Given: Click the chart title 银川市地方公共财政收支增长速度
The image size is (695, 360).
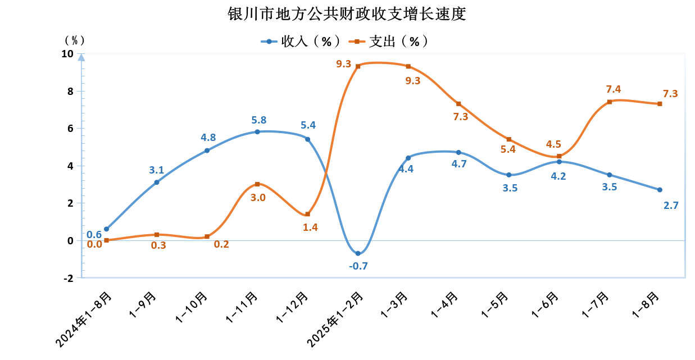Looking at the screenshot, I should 347,13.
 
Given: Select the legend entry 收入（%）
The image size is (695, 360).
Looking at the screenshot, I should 300,41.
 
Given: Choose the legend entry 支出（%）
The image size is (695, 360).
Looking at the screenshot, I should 388,41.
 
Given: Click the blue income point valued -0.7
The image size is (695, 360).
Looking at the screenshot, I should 358,253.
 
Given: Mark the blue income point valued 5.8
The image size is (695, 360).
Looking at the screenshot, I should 257,132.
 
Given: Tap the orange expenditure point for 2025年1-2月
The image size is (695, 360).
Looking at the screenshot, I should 358,66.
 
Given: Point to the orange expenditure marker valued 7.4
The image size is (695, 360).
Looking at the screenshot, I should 610,102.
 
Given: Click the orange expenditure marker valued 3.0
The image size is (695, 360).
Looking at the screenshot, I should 257,184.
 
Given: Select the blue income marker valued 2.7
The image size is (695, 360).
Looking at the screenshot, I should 660,190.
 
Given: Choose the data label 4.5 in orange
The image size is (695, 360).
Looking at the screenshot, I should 553,144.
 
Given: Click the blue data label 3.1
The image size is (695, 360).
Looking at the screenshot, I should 157,170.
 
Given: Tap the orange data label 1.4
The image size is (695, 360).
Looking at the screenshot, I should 310,227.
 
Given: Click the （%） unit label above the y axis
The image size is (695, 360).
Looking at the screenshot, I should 74,40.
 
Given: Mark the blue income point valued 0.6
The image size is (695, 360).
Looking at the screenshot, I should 106,229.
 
